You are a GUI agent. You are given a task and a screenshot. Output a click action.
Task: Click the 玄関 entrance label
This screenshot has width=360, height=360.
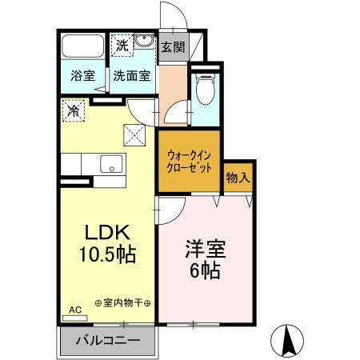(172, 46)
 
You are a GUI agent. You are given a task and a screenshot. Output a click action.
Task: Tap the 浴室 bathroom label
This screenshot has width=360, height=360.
(82, 78)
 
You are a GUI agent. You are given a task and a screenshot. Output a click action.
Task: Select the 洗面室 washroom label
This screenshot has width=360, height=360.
(130, 78)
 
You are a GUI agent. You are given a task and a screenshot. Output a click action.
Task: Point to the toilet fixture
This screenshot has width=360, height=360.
(206, 89)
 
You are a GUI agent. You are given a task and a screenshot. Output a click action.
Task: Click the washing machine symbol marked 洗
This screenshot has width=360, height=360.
(121, 45)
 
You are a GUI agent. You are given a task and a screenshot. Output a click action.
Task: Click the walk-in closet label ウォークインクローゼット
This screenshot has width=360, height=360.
(190, 163)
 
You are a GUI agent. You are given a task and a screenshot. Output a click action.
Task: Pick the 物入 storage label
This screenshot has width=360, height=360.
(238, 177)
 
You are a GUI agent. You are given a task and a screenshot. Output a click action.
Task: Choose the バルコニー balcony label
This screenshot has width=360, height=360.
(108, 340)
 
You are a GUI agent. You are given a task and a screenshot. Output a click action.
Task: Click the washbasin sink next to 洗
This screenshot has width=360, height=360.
(144, 42)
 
